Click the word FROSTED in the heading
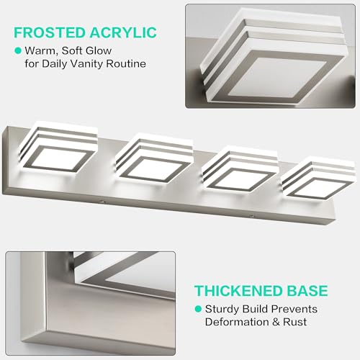50,32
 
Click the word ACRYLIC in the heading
123,32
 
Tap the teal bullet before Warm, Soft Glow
18,50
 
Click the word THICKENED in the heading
239,291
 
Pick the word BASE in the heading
307,291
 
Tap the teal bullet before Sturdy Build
198,309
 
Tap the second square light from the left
154,161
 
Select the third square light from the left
240,171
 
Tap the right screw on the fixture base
252,216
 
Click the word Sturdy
222,309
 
